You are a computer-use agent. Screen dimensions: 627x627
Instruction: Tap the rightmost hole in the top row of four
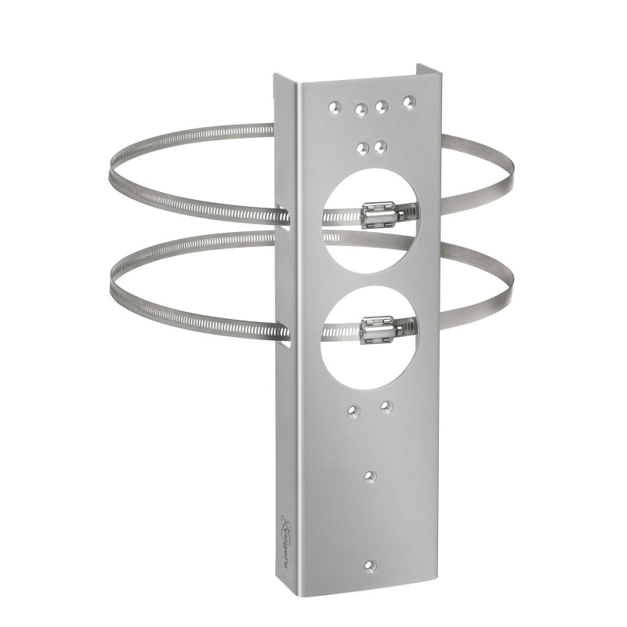click(x=408, y=101)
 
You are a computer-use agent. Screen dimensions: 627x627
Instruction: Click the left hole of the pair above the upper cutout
click(x=361, y=147)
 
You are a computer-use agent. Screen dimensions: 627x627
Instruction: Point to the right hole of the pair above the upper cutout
click(x=380, y=146)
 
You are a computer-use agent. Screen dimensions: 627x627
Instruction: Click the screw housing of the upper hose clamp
click(x=378, y=212)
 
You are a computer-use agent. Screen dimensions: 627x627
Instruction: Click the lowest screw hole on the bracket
click(x=371, y=565)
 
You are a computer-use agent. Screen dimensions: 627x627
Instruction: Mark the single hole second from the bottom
click(x=371, y=476)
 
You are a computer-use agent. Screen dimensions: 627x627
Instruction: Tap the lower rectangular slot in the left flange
click(x=282, y=333)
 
